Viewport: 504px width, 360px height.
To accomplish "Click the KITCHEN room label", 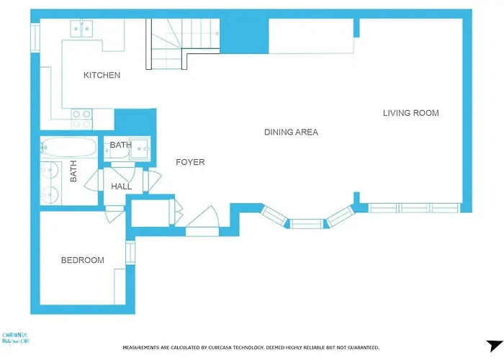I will click(x=102, y=76).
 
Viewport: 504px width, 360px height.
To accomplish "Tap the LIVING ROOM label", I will click(x=410, y=113).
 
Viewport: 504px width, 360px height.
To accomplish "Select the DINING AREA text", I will click(x=291, y=132).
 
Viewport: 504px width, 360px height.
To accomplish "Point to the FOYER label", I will click(x=190, y=162).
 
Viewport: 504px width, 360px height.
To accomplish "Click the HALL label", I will click(x=121, y=187).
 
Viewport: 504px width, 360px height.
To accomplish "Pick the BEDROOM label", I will click(x=82, y=261).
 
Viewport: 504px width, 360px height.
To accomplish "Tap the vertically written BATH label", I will click(x=73, y=171).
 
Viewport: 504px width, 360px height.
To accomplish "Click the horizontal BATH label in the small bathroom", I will click(x=120, y=145).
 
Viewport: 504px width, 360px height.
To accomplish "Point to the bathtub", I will click(x=68, y=148).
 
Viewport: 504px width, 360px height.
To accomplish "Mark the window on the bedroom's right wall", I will click(x=130, y=252).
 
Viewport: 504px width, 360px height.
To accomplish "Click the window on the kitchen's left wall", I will click(x=35, y=37).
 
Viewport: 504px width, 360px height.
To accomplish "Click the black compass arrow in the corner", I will click(x=492, y=346).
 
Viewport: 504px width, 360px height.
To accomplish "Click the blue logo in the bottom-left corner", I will click(x=16, y=339).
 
